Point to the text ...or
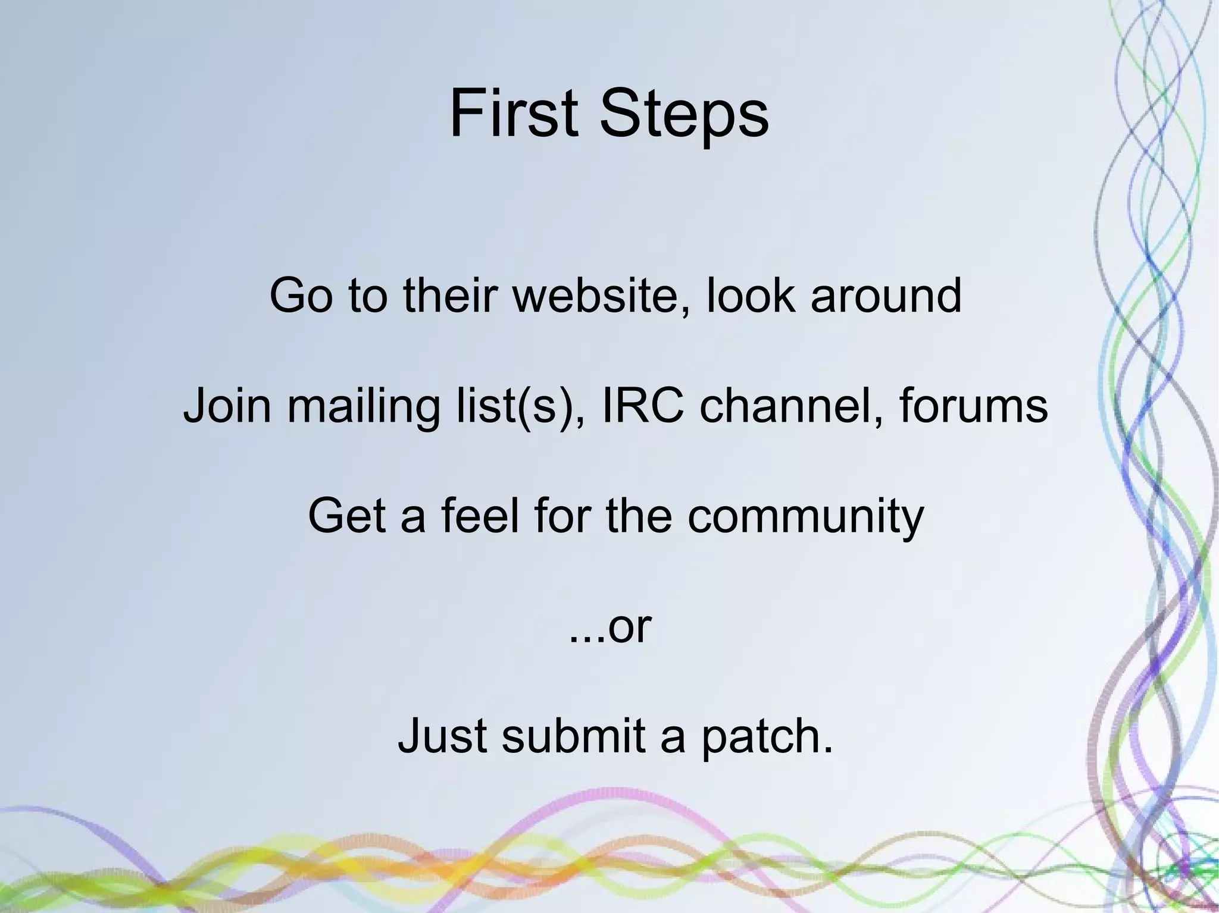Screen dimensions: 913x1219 pos(610,627)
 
